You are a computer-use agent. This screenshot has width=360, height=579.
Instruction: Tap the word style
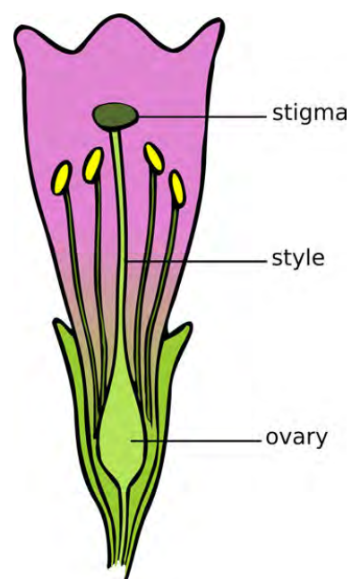(298, 258)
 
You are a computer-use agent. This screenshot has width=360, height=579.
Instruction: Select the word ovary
(296, 438)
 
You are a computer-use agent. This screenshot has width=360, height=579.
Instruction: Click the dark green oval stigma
(116, 117)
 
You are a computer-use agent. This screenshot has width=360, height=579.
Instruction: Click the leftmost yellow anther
(62, 178)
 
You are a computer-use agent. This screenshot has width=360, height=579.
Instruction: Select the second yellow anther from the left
(93, 165)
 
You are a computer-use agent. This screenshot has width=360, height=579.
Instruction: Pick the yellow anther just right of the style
(154, 158)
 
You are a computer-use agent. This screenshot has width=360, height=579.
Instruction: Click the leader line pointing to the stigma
(201, 117)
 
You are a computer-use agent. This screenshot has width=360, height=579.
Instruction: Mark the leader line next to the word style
(195, 261)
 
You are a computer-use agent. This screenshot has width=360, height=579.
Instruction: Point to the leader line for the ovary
(195, 441)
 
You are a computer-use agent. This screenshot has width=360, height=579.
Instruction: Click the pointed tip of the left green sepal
(56, 321)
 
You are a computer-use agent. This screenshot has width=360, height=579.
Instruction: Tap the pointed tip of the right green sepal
(189, 324)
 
